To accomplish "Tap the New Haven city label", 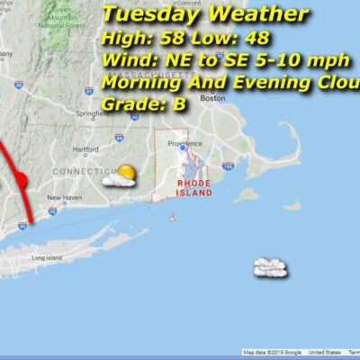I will point(65,197).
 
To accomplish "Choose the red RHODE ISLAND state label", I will point(193,187).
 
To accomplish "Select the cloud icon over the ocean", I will point(270,266).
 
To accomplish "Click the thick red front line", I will point(19,180).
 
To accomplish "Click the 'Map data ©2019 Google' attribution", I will point(274,353).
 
